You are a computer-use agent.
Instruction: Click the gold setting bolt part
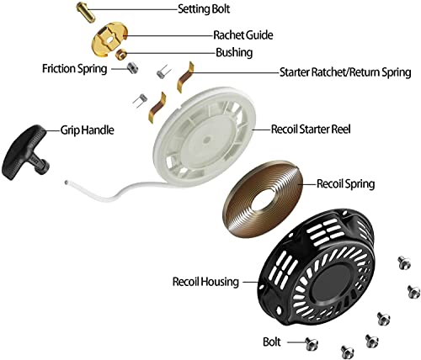click(86, 11)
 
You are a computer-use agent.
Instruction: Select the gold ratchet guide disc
click(109, 38)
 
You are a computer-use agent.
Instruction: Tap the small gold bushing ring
click(121, 53)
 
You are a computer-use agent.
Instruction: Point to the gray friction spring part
click(132, 68)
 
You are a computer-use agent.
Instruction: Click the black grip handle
click(24, 152)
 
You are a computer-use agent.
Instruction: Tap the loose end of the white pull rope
click(67, 183)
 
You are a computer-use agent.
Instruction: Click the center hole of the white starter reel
click(207, 139)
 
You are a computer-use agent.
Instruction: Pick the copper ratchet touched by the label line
click(185, 77)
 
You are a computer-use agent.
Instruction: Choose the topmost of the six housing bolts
click(404, 262)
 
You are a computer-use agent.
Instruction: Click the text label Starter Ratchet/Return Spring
click(345, 72)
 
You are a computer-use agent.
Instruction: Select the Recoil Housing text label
click(205, 282)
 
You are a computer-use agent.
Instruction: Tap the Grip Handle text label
click(88, 130)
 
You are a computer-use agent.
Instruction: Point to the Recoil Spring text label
click(345, 184)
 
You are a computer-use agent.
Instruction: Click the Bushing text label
click(234, 52)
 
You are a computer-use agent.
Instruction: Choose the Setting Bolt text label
click(204, 8)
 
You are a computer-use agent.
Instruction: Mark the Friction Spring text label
click(75, 68)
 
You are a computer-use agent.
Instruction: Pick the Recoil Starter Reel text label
click(311, 130)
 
